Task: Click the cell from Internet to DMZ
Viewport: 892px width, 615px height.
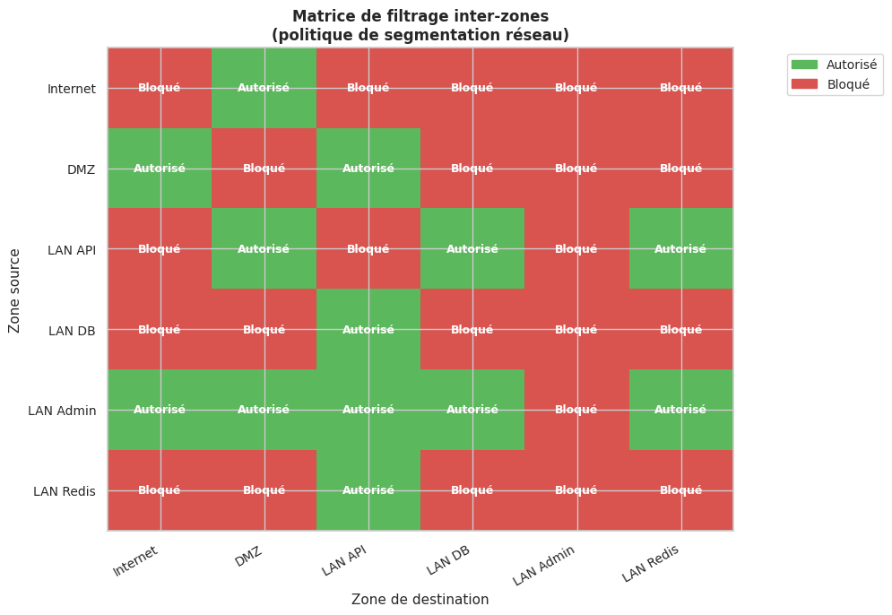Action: coord(264,88)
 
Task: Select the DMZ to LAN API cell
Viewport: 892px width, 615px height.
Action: coord(368,169)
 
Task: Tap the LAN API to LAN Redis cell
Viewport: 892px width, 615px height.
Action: coord(680,249)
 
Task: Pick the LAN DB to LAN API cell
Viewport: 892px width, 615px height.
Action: coord(368,329)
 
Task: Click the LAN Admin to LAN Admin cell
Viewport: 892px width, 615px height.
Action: coord(576,410)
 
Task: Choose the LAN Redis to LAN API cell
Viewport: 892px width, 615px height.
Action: coord(368,490)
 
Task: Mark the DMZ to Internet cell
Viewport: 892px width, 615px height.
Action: coord(160,169)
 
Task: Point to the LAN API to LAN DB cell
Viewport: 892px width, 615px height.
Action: coord(472,249)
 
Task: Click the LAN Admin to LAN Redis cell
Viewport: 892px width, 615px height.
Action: coord(680,410)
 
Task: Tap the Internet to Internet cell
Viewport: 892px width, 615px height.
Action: coord(160,88)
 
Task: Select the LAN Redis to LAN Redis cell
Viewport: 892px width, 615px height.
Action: coord(680,490)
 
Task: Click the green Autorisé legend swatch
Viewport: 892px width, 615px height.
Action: coord(805,65)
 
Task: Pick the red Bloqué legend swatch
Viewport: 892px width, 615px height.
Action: coord(805,83)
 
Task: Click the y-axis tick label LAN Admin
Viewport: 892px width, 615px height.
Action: coord(62,411)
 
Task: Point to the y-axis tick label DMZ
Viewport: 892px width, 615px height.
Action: coord(81,169)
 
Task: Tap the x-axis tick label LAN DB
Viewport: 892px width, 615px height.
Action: coord(448,560)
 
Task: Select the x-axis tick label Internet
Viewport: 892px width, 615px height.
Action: coord(136,561)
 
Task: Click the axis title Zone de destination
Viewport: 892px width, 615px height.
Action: coord(420,600)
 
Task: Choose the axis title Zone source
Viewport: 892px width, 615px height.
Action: coord(14,290)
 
